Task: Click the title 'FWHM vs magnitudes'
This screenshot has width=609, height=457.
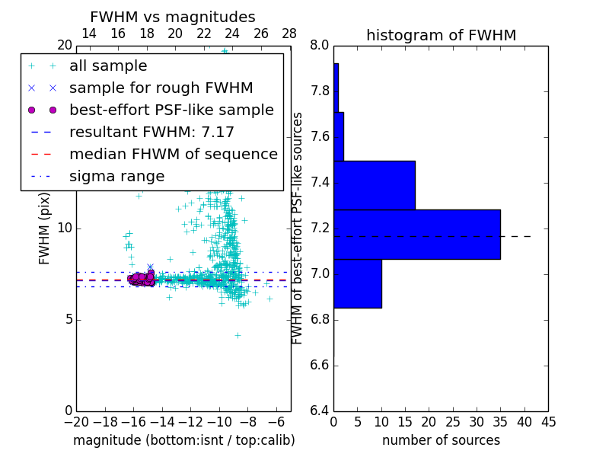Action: [172, 17]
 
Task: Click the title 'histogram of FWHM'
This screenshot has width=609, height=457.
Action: [441, 35]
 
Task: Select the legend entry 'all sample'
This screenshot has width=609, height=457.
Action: [107, 66]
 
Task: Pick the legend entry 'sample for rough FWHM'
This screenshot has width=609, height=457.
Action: [161, 88]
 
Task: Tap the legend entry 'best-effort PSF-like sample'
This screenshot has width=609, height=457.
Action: [171, 110]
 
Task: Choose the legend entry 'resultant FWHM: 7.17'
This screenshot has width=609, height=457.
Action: [151, 133]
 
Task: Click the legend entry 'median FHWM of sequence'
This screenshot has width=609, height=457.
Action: [173, 155]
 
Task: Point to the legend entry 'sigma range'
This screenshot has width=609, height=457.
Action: [116, 177]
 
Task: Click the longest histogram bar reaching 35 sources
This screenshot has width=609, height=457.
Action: [416, 234]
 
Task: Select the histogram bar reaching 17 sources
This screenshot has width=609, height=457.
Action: [374, 185]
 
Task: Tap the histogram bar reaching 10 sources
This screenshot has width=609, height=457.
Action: [357, 283]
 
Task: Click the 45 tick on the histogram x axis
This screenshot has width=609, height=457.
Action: [548, 422]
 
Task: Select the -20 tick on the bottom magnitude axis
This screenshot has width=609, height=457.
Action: [76, 422]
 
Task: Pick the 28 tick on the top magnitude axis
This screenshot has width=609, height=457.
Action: [289, 34]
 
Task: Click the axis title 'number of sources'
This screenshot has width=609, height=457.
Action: [441, 440]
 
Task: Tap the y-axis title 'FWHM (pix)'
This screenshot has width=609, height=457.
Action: [45, 228]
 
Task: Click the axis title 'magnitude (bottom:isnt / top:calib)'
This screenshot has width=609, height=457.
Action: [183, 440]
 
